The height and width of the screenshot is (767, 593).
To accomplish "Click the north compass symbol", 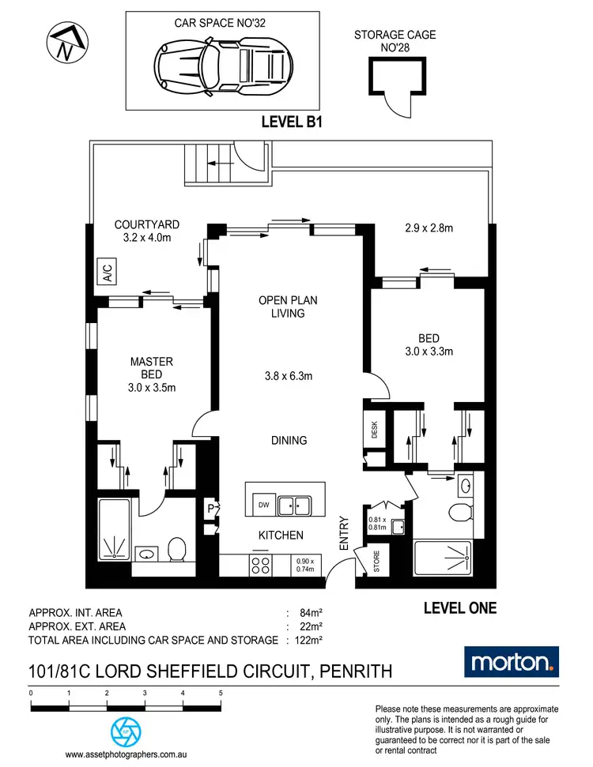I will point(63,41).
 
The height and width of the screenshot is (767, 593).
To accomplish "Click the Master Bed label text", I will point(151,374).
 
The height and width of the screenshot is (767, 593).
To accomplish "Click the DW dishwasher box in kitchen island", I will point(263,505).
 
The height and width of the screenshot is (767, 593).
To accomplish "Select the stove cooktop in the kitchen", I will point(260,566).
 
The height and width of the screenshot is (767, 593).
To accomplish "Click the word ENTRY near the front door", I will point(344,533).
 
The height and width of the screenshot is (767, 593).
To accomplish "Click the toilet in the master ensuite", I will point(177,547).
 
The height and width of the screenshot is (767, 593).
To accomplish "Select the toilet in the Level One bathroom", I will point(459,514).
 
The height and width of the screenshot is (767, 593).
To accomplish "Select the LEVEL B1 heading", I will point(293,122).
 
